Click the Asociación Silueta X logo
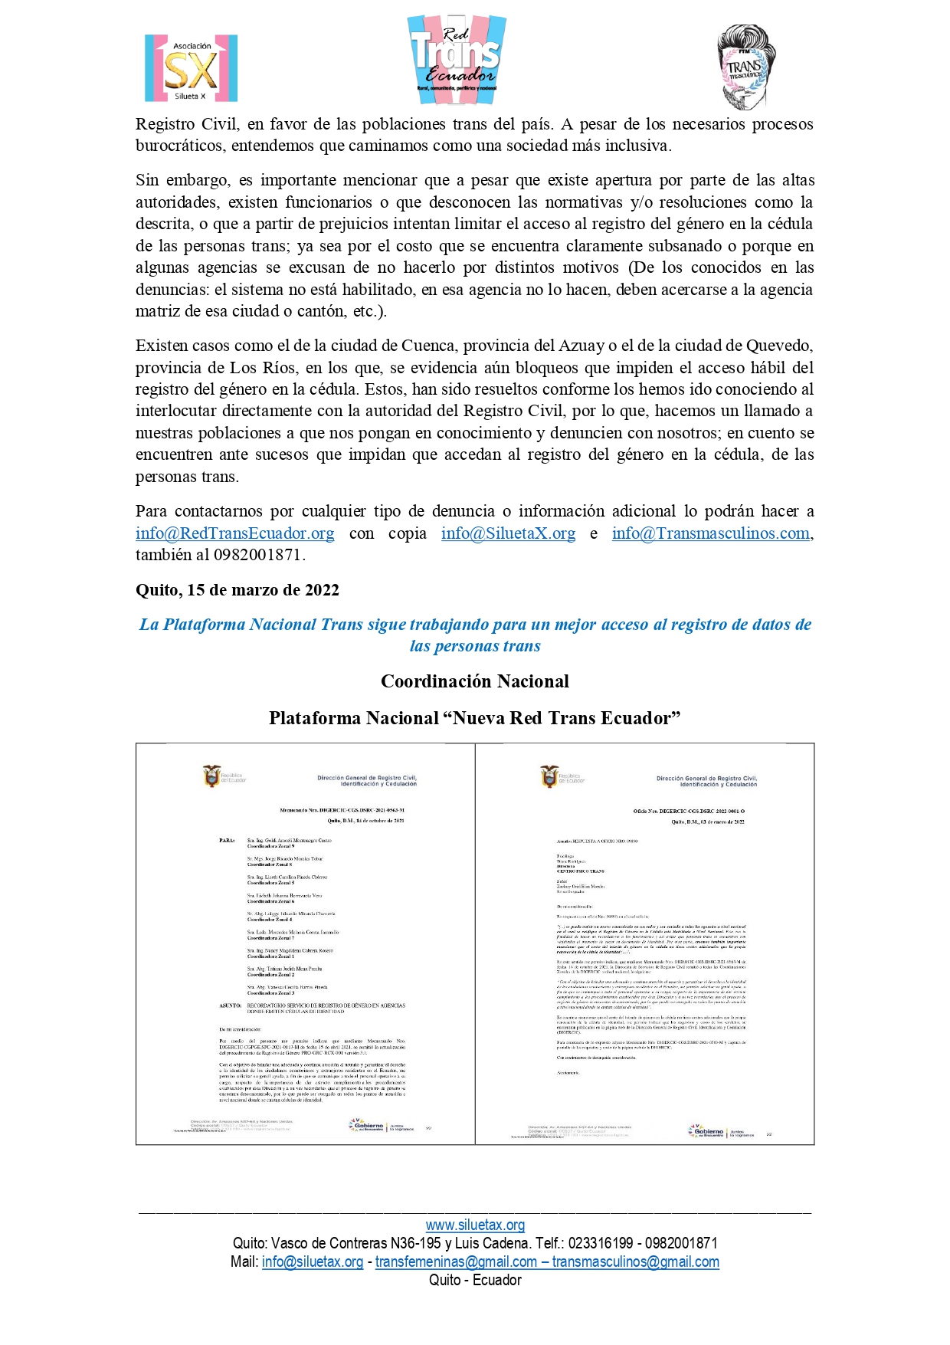click(191, 68)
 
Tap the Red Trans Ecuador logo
click(457, 60)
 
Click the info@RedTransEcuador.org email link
click(234, 533)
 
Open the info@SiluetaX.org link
click(508, 533)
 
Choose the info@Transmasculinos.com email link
click(710, 533)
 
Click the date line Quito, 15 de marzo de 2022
click(237, 590)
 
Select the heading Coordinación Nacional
click(475, 681)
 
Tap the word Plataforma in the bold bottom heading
click(315, 718)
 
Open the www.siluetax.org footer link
click(475, 1225)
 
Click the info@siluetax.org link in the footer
click(313, 1261)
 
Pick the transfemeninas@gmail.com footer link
click(456, 1261)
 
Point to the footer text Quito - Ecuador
click(475, 1280)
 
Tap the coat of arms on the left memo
click(211, 776)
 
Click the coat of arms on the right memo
click(549, 776)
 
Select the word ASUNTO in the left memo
click(229, 1005)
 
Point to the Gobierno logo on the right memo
click(706, 1131)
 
